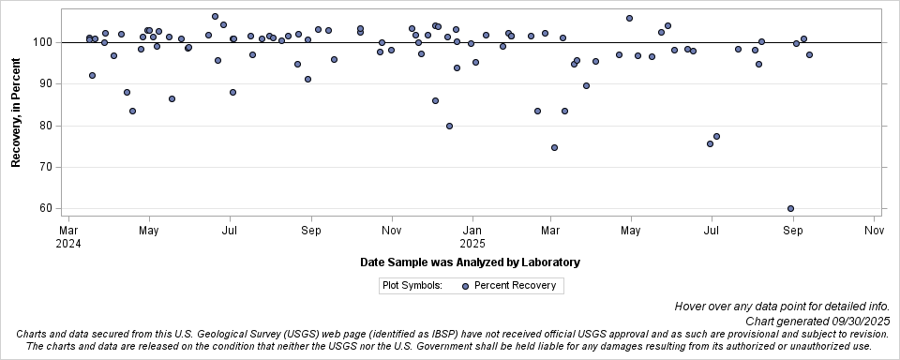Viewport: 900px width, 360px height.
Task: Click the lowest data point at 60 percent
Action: point(790,208)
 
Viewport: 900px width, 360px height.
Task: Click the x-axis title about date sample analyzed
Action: point(470,262)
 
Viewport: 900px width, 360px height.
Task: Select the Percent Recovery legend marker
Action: point(466,286)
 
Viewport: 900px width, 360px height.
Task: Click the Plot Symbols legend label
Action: point(412,286)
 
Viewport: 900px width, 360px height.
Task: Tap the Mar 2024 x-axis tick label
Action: point(68,235)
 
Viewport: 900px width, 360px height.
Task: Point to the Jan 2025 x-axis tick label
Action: point(472,235)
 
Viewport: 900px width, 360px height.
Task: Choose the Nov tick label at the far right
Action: point(874,229)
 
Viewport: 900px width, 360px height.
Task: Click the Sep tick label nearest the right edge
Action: point(793,229)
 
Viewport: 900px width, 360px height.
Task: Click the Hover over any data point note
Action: point(781,307)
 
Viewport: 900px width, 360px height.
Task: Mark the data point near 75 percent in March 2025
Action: point(554,147)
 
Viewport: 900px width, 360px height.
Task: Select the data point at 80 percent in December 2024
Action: point(449,126)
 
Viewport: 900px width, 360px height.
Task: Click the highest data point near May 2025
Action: point(629,18)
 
